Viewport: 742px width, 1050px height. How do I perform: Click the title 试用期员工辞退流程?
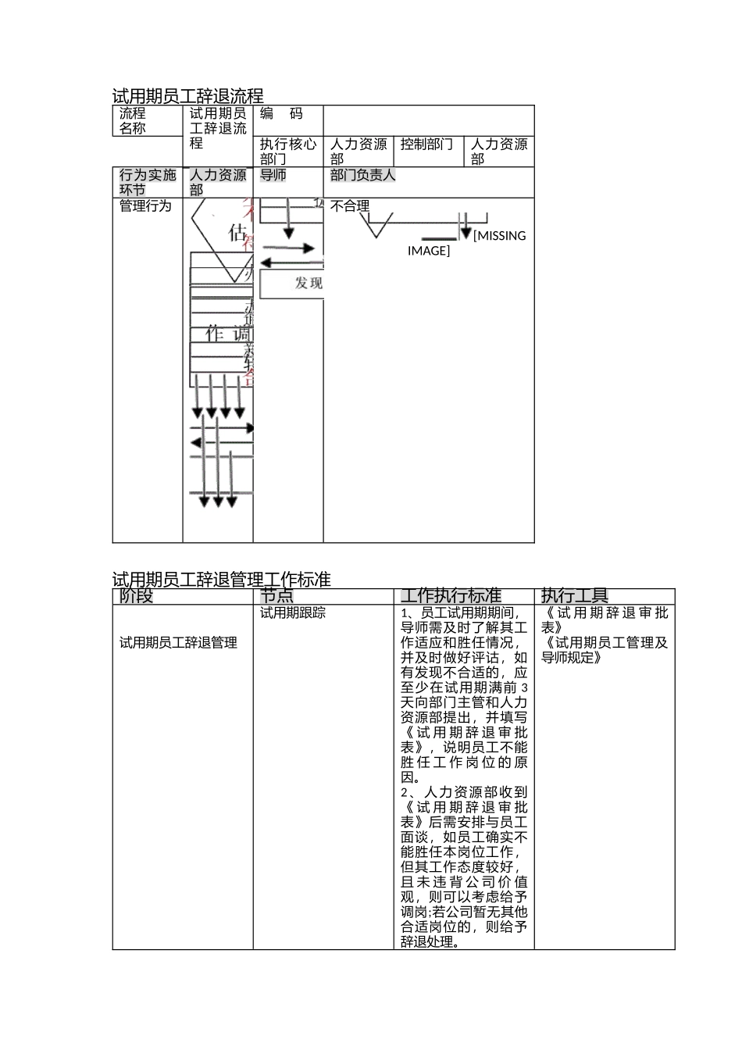[x=187, y=97]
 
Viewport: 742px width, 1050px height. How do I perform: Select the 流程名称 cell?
[x=133, y=121]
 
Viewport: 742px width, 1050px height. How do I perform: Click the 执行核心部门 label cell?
[x=287, y=152]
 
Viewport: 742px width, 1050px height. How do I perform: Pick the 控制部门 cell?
[x=426, y=145]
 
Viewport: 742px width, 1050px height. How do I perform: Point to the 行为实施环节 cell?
[x=147, y=182]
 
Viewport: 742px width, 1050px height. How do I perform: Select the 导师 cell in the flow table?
[x=273, y=176]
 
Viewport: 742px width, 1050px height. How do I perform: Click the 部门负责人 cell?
[x=363, y=176]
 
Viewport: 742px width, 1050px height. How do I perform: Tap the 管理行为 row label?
[x=145, y=206]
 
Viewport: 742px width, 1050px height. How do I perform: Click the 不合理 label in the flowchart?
[x=349, y=206]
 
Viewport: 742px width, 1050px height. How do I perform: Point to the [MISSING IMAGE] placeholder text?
[x=467, y=243]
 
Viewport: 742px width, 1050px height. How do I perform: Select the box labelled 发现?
[x=308, y=284]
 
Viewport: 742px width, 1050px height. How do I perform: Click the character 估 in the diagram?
[x=237, y=233]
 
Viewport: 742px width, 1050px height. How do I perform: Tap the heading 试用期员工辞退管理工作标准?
[x=222, y=580]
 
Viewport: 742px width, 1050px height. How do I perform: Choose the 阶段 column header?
[x=137, y=596]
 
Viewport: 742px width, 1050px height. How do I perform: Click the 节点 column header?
[x=276, y=596]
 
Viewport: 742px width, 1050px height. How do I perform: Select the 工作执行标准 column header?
[x=451, y=596]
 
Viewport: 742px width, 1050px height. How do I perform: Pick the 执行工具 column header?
[x=574, y=596]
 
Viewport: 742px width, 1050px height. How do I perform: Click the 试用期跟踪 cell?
[x=293, y=613]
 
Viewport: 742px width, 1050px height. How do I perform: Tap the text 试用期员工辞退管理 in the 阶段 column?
[x=179, y=643]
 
